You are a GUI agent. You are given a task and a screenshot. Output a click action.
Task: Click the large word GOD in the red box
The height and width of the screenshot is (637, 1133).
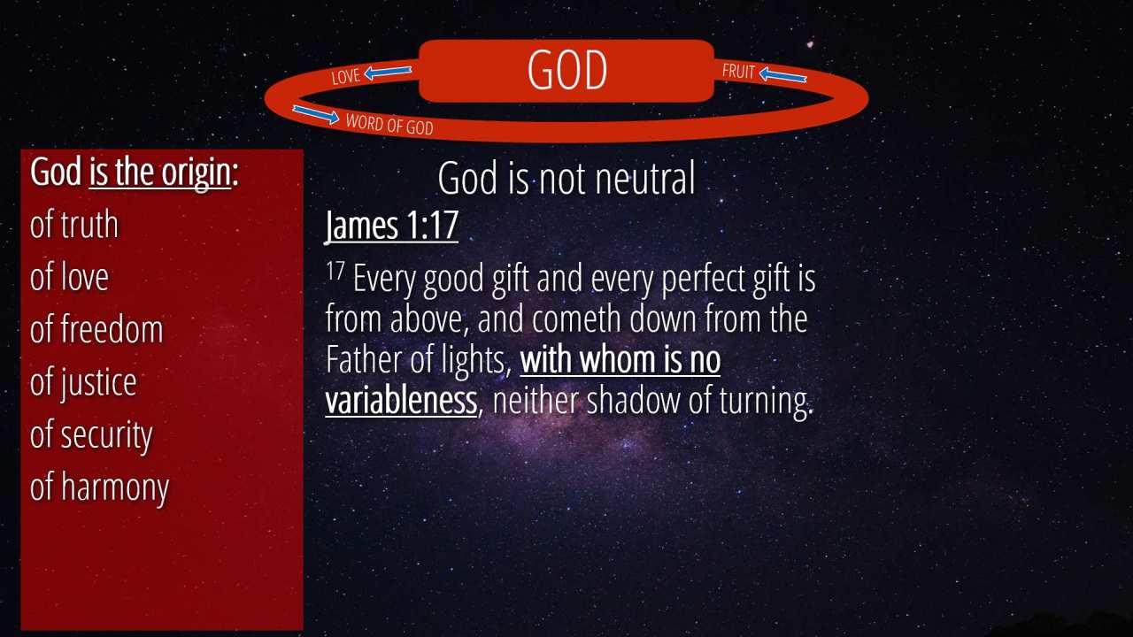point(567,70)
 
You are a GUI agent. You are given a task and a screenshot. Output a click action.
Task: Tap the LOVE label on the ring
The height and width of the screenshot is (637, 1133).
point(345,76)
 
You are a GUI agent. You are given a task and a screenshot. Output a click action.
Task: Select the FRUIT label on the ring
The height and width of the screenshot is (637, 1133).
point(738,72)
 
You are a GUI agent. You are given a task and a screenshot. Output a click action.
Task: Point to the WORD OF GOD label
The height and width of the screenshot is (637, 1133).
point(389,125)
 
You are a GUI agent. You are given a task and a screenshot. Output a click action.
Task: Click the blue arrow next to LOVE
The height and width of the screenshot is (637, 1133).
point(388,73)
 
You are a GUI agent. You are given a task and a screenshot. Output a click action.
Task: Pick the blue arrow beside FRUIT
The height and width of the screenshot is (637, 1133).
point(783,75)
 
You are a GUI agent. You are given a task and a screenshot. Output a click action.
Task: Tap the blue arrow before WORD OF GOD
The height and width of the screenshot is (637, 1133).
point(316,114)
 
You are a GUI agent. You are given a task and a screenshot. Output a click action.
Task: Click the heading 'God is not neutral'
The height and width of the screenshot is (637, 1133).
point(566,178)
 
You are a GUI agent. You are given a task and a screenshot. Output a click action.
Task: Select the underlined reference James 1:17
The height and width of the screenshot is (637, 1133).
point(391,225)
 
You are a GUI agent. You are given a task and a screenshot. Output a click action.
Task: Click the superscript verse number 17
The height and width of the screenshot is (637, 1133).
point(335,271)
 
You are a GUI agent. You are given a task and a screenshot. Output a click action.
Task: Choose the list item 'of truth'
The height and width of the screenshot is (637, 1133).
point(73,225)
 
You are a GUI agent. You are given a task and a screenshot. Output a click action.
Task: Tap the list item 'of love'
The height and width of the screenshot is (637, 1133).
point(69,277)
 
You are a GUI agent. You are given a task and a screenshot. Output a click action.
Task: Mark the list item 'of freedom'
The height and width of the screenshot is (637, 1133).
point(96,329)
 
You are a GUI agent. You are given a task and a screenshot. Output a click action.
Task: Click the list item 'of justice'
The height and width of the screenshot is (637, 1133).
point(83,383)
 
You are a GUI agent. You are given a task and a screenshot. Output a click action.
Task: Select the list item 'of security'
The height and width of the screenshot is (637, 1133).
point(91,434)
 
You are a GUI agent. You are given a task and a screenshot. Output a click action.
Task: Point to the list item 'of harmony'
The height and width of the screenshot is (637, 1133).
point(100,487)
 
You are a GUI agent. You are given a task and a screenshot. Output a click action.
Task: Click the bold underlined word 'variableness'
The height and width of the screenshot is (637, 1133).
point(401,401)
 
